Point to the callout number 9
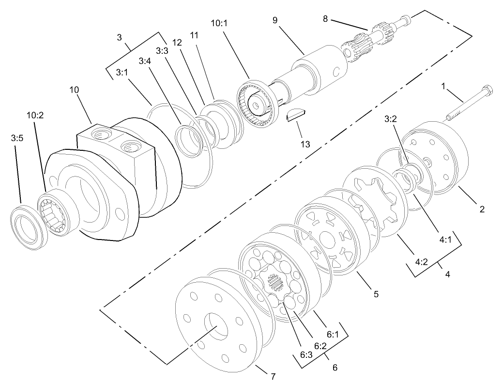tap(275, 20)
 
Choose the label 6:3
tap(306, 354)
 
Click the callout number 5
tap(375, 294)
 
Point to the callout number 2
tap(482, 209)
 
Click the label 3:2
tap(392, 119)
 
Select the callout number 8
tap(325, 19)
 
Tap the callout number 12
tap(177, 43)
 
